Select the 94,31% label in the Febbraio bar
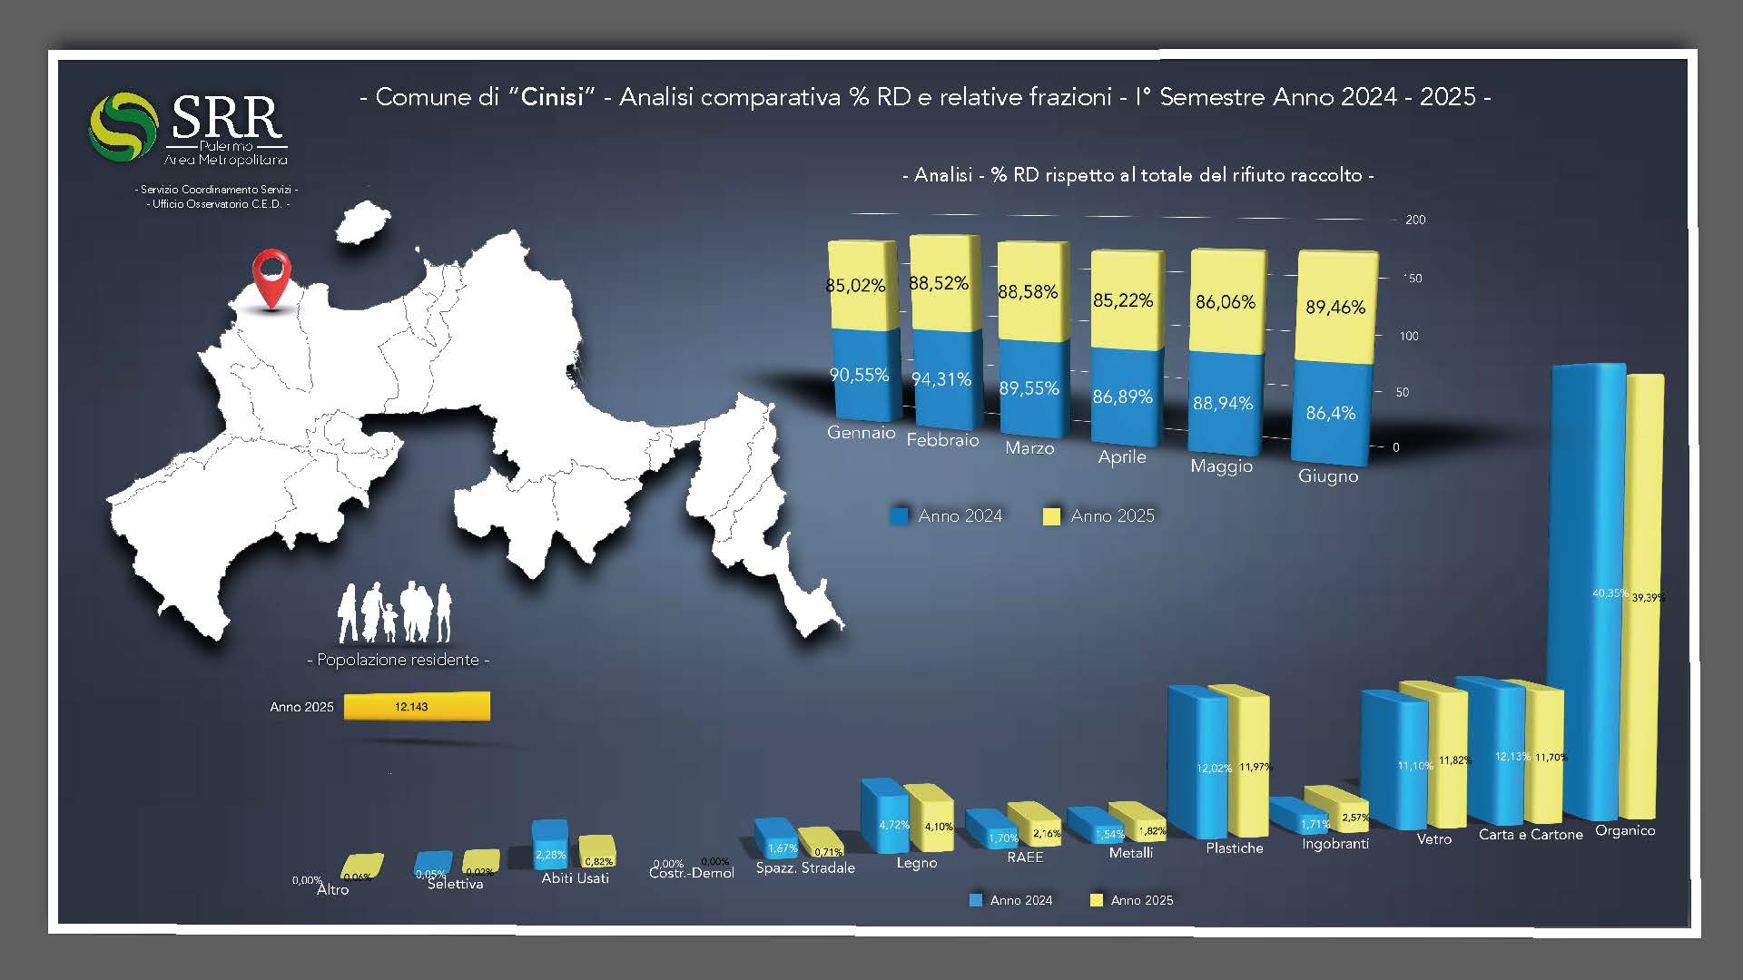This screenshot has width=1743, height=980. coord(941,379)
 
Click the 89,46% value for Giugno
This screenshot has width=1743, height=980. coord(1335,308)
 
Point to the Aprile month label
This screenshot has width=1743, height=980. coord(1122,457)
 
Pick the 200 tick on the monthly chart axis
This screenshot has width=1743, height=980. coord(1415,220)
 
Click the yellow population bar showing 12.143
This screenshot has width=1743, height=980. coord(417,706)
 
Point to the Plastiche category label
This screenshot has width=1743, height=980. coord(1235,848)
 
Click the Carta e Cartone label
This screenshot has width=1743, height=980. coord(1531,835)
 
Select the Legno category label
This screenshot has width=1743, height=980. coord(917,863)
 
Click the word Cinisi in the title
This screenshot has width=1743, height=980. coord(552,97)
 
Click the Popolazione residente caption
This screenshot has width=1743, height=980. coord(398,660)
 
